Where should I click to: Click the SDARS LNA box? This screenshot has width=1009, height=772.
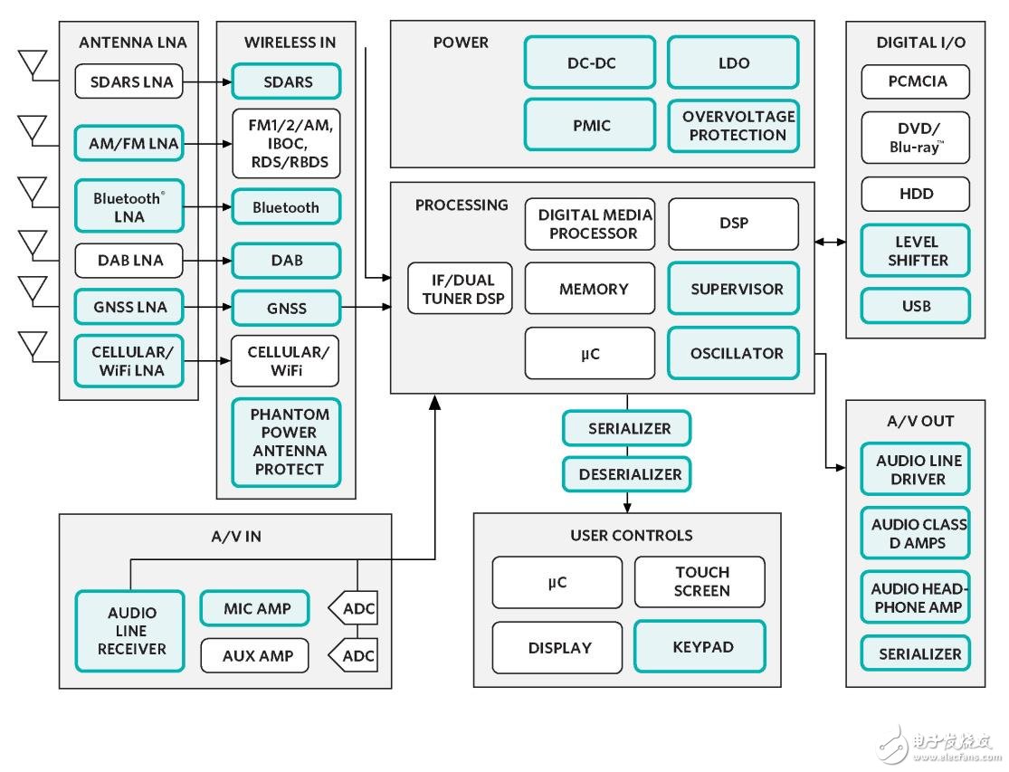[128, 81]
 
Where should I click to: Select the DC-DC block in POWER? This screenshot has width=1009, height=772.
[589, 62]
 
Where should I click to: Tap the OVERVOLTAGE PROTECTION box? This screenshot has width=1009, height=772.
[733, 126]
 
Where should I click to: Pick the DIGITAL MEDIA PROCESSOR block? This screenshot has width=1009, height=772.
[589, 224]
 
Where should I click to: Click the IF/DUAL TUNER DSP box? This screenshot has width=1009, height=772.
[461, 288]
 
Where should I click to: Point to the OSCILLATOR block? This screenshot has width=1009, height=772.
[733, 353]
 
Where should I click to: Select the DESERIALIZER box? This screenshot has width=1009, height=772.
[626, 474]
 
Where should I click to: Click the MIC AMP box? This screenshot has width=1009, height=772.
[253, 609]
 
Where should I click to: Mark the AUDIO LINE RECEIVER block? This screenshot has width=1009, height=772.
[130, 631]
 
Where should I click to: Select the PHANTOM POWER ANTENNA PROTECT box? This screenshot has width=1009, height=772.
[286, 442]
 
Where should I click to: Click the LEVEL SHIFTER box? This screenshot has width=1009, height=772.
[915, 251]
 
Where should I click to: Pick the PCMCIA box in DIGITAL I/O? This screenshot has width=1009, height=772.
[915, 81]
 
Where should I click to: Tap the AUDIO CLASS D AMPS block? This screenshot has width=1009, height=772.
[915, 533]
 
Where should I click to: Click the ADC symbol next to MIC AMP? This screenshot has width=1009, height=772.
[356, 609]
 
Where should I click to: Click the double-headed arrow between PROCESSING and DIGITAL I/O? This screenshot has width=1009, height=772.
[830, 242]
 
